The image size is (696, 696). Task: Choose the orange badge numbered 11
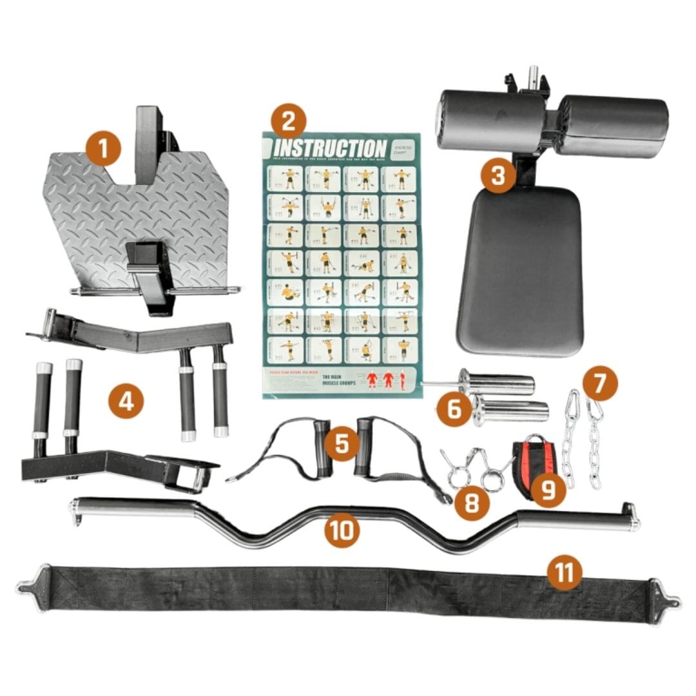[565, 572]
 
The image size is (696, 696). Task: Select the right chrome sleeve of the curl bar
[574, 519]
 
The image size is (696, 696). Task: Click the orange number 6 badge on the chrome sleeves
[454, 409]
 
